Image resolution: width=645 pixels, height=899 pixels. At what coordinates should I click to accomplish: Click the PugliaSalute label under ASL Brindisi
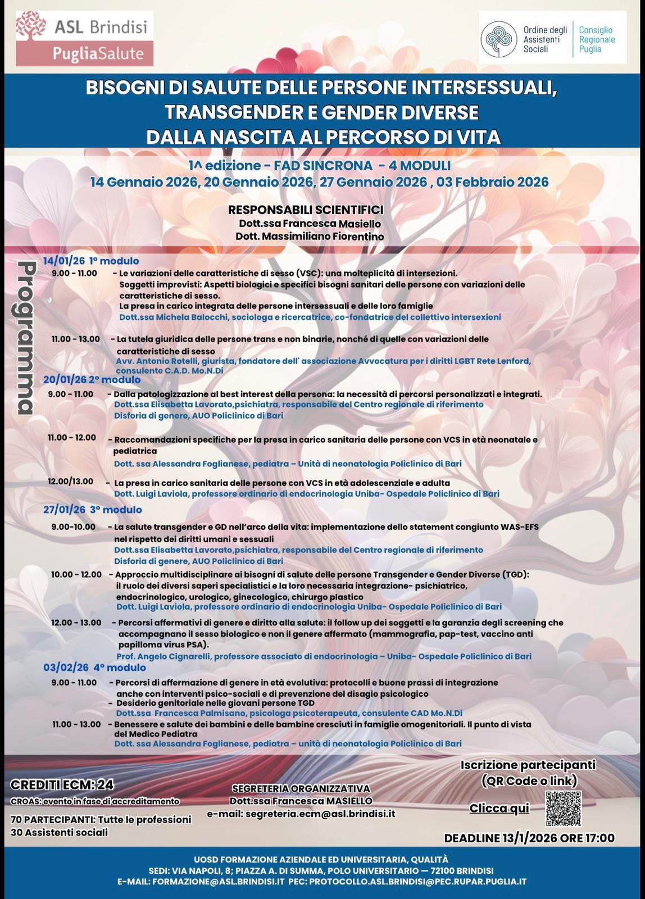coord(99,55)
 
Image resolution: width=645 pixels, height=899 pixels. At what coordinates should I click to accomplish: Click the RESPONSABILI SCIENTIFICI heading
coord(306,210)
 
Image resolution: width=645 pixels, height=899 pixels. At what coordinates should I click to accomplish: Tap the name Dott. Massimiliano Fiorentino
coord(310,237)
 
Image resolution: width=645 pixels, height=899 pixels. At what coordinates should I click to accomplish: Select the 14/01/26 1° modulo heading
coord(91,261)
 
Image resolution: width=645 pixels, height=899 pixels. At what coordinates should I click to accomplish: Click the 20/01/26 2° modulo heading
coord(92,380)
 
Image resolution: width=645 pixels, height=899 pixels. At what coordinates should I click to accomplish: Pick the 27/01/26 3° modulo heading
coord(93,510)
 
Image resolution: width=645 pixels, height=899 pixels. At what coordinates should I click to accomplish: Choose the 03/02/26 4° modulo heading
coord(94,668)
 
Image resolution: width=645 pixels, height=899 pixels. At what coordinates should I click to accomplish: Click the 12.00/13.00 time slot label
coord(71,482)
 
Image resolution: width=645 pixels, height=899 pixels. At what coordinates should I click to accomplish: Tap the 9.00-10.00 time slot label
coord(73,526)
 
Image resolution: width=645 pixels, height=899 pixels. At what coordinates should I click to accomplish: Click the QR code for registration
coord(564,808)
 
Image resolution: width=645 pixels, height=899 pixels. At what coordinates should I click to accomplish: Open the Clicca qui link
coord(499,808)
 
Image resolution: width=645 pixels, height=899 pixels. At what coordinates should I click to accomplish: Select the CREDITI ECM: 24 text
coord(62,785)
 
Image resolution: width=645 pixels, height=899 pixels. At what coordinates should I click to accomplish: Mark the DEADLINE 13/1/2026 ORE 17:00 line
coord(529,838)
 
